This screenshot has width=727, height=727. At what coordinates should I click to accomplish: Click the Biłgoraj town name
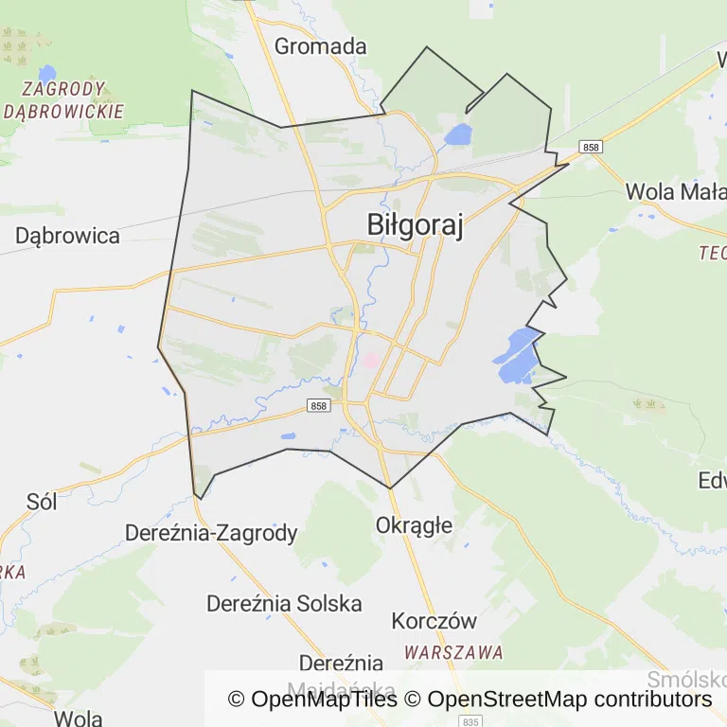click(415, 225)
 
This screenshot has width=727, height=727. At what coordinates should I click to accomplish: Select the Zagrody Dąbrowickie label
click(63, 99)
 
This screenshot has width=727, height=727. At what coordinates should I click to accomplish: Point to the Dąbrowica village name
click(67, 236)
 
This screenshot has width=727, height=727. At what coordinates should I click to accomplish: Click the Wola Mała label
click(675, 192)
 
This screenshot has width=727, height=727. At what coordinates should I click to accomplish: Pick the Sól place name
click(42, 502)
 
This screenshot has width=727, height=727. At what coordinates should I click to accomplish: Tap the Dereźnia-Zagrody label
click(211, 533)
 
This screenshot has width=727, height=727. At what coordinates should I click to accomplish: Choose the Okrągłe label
click(414, 524)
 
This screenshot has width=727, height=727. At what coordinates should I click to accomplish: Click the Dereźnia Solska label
click(284, 603)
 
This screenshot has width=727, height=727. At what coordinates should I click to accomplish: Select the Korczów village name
click(434, 622)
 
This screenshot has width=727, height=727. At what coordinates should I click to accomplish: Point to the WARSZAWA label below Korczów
click(453, 652)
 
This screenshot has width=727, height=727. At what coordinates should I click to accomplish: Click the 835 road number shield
click(473, 720)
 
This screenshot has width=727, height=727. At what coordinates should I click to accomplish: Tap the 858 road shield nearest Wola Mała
click(592, 147)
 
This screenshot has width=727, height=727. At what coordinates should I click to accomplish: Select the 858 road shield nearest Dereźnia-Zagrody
click(318, 405)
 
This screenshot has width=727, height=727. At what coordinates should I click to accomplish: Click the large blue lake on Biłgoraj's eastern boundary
click(515, 356)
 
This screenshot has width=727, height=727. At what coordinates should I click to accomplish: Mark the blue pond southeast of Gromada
click(458, 134)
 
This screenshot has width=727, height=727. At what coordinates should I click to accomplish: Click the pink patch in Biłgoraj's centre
click(371, 360)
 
